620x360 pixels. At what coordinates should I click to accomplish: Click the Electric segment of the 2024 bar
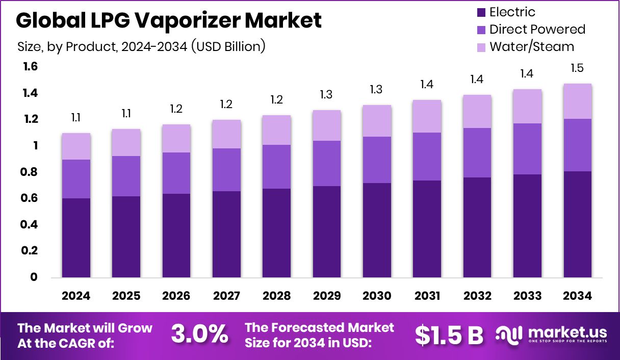(x=76, y=238)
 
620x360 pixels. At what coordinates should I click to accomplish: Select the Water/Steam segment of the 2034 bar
(x=578, y=101)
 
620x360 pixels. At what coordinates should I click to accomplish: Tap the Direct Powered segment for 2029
(x=327, y=163)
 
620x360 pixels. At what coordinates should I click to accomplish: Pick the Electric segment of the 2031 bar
(x=427, y=229)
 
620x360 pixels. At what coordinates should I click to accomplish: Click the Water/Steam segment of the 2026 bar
(x=176, y=138)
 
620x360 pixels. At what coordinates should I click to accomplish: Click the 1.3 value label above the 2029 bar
(x=327, y=95)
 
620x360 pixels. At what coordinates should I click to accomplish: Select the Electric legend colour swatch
(x=480, y=12)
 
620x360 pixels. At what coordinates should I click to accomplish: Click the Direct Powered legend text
(x=537, y=30)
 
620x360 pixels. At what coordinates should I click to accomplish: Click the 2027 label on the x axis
(x=226, y=296)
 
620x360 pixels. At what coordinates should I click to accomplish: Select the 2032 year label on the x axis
(x=477, y=296)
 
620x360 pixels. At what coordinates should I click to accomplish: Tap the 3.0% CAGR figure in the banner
(x=199, y=335)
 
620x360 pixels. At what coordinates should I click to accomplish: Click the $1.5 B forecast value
(x=449, y=335)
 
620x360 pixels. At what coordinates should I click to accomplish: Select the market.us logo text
(x=567, y=332)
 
